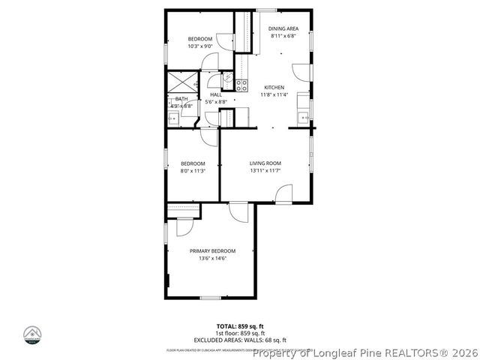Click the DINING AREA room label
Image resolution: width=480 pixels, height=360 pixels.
(283, 28)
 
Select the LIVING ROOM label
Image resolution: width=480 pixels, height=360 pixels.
(265, 163)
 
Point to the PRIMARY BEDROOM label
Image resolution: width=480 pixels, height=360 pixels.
(212, 250)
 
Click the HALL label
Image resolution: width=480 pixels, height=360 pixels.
(216, 94)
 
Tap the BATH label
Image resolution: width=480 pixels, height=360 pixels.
(181, 99)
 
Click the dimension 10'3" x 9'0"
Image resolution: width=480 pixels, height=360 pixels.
(200, 46)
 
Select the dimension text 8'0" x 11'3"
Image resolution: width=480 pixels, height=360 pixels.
(193, 171)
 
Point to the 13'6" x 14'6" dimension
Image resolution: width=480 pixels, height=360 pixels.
(212, 259)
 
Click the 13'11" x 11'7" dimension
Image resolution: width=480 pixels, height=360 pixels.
(265, 171)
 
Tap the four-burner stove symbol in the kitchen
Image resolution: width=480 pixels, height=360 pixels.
(241, 85)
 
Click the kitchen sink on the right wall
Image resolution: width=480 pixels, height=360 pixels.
(303, 116)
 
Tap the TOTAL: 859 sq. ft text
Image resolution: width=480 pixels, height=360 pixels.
(240, 326)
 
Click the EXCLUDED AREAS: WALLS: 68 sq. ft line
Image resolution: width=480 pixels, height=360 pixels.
(240, 338)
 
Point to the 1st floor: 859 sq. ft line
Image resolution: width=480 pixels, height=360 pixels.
(240, 332)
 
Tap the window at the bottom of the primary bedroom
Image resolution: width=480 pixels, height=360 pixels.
(211, 298)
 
